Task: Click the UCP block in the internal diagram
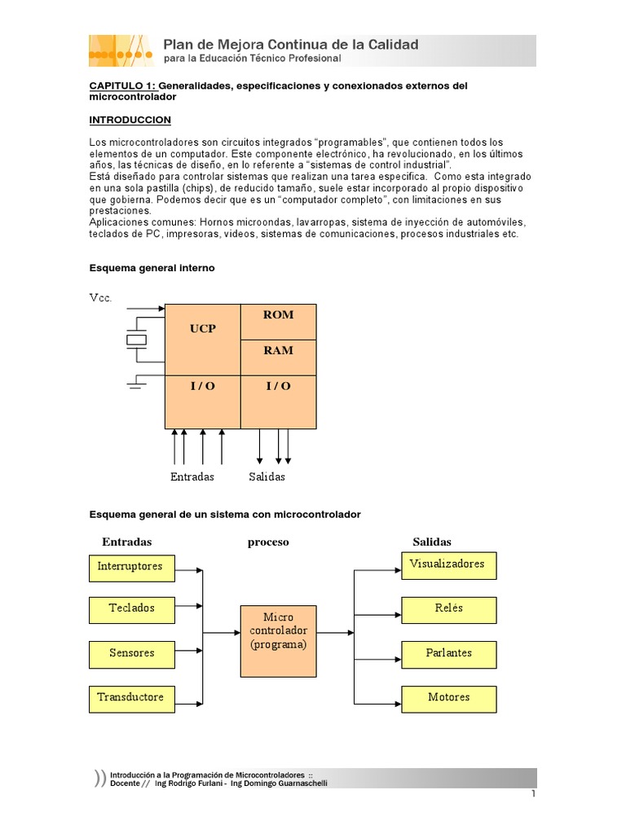202,339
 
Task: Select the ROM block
278,322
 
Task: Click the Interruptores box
131,568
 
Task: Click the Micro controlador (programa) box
279,640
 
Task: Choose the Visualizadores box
448,565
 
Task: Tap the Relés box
448,609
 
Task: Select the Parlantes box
448,654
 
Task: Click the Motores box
448,699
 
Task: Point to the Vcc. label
100,298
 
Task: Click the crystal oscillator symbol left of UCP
136,340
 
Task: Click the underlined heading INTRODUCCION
130,120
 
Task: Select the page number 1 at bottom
533,794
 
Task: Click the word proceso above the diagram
268,542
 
